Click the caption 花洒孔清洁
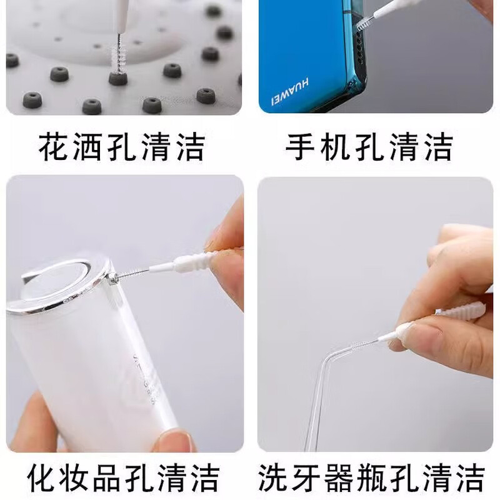tap(121, 147)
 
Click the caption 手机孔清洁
tap(369, 147)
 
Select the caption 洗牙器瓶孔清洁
tap(371, 478)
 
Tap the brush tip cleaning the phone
tap(363, 26)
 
